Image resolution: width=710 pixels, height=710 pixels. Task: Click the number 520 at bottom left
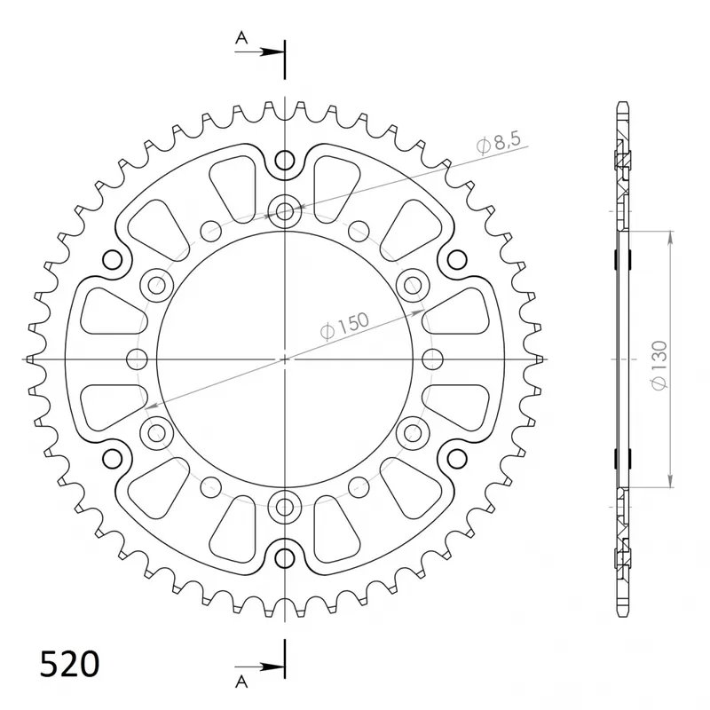pos(69,664)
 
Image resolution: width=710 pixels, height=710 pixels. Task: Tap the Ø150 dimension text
pos(344,326)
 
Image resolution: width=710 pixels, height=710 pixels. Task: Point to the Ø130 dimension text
pos(659,365)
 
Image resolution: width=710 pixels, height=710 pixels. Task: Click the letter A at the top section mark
pos(241,37)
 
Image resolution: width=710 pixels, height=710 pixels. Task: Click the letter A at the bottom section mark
pos(241,681)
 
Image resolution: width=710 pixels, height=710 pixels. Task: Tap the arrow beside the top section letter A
pos(259,52)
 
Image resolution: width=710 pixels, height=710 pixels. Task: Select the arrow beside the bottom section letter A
pos(259,667)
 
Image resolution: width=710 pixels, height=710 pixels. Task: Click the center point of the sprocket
pos(284,359)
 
